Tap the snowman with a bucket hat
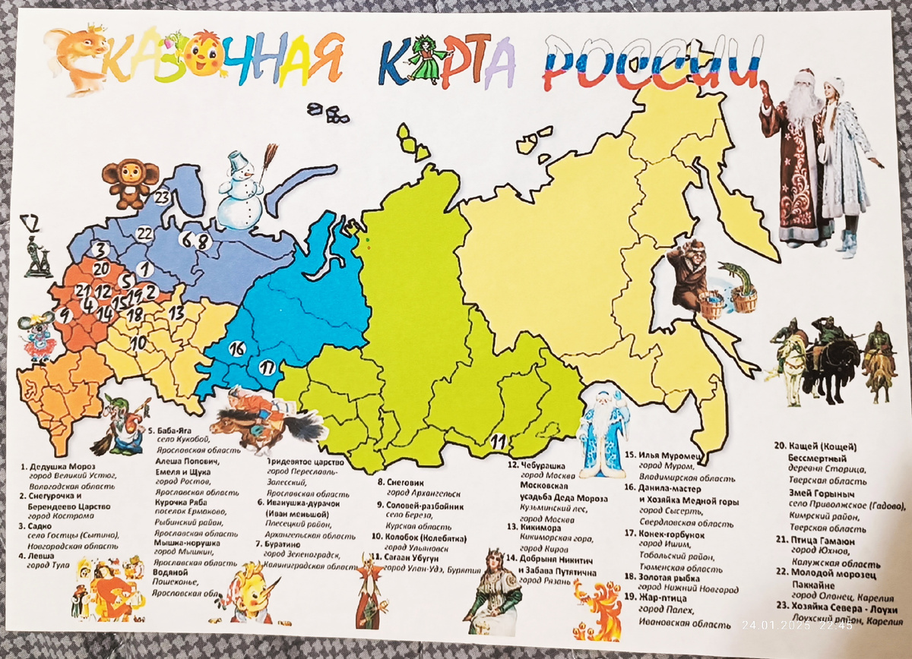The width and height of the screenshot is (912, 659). pyautogui.click(x=242, y=193)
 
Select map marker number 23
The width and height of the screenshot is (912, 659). pyautogui.click(x=162, y=197)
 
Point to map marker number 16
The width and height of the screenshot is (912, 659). pyautogui.click(x=237, y=348)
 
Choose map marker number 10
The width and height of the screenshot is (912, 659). pyautogui.click(x=138, y=342)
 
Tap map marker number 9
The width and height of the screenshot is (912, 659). pyautogui.click(x=65, y=314)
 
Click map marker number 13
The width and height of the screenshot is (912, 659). pyautogui.click(x=176, y=311)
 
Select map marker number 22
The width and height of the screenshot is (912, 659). pyautogui.click(x=144, y=234)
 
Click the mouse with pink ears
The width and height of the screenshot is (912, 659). pyautogui.click(x=39, y=334)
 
